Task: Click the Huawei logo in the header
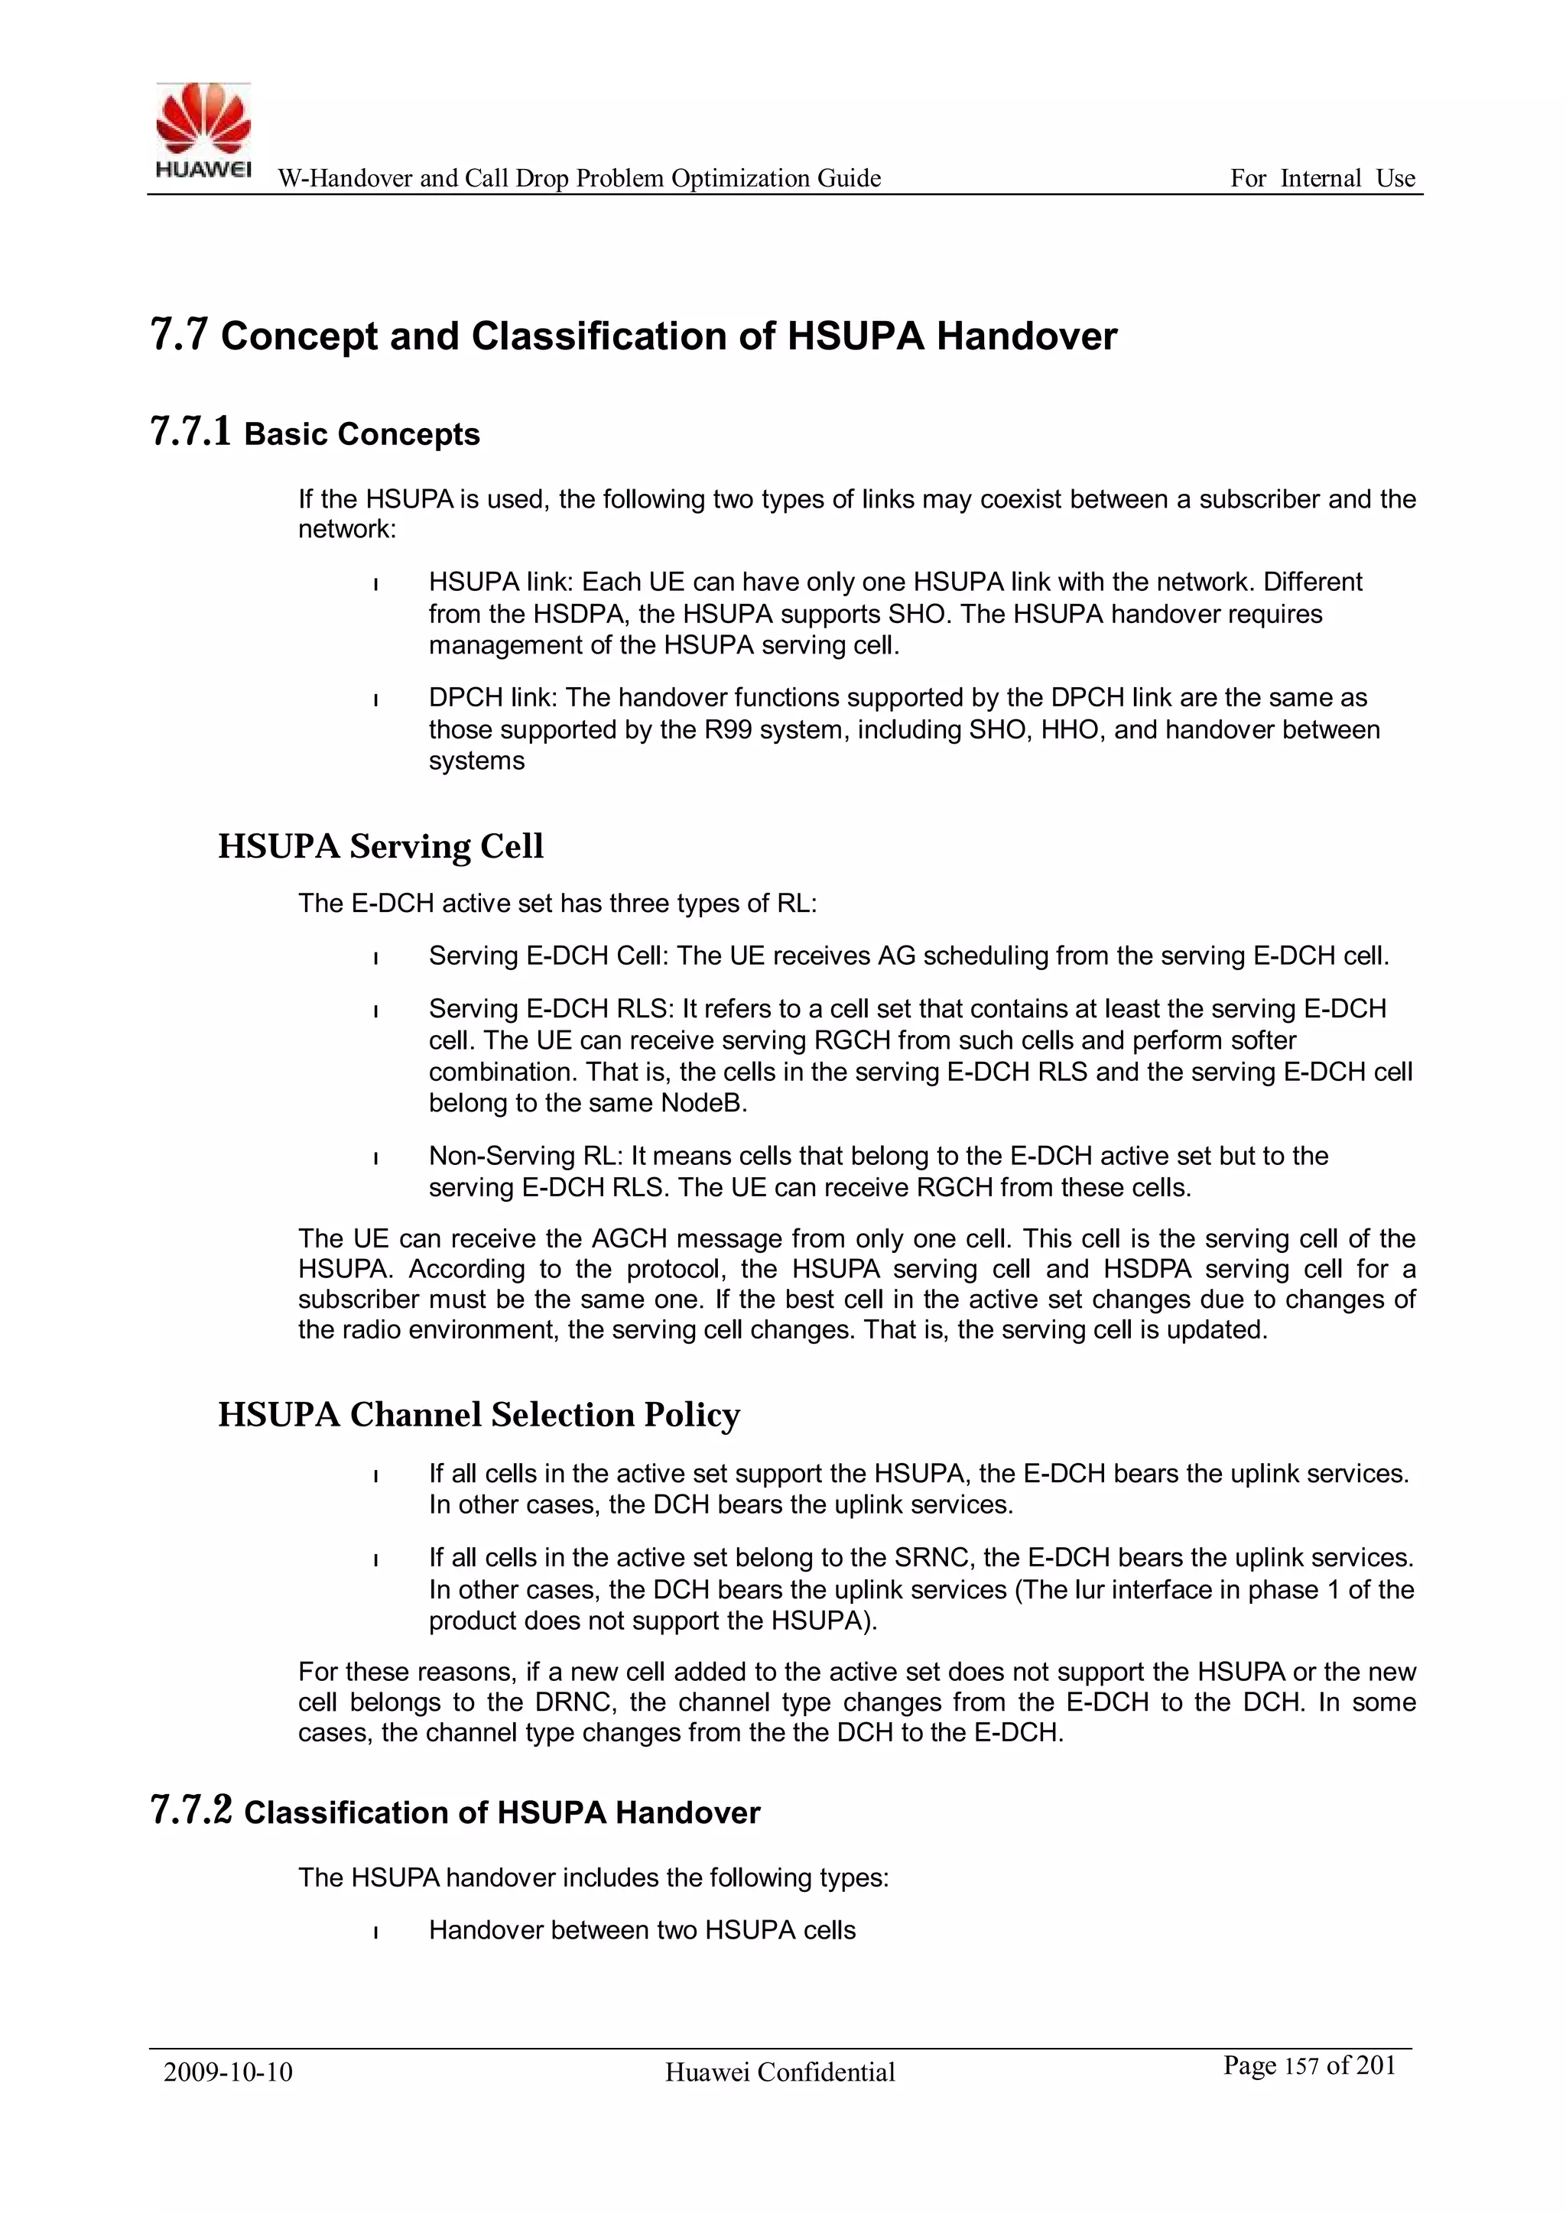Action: click(x=203, y=130)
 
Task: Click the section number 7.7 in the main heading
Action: click(x=180, y=336)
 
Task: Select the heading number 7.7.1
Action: click(x=191, y=433)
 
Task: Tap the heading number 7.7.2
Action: click(x=191, y=1811)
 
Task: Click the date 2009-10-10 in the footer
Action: click(x=228, y=2072)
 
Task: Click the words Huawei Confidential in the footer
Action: click(x=779, y=2072)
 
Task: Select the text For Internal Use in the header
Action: click(x=1322, y=178)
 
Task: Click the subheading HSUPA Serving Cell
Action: click(x=380, y=846)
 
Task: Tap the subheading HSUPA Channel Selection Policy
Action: click(x=478, y=1415)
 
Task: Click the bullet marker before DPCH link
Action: click(x=375, y=699)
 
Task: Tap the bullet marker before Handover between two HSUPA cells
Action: click(x=375, y=1932)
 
